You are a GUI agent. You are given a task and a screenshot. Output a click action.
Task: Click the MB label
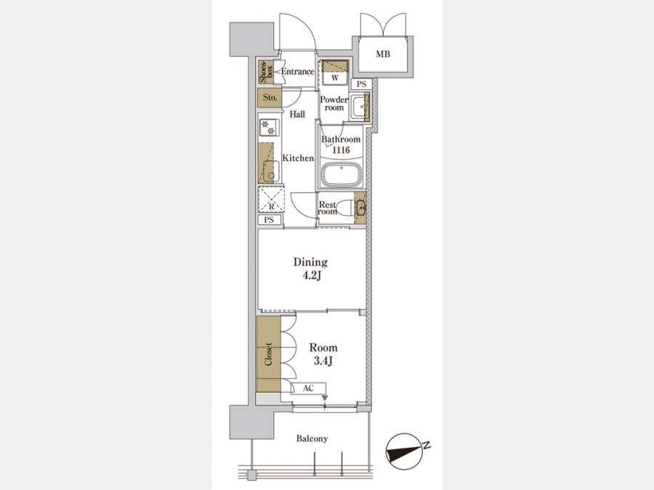pyautogui.click(x=383, y=54)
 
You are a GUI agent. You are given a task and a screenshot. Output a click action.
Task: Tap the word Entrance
pyautogui.click(x=297, y=71)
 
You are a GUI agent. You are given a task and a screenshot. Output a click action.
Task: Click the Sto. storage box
pyautogui.click(x=270, y=98)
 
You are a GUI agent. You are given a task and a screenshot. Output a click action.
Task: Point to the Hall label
pyautogui.click(x=297, y=114)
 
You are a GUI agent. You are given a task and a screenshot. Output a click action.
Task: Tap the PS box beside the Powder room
pyautogui.click(x=361, y=84)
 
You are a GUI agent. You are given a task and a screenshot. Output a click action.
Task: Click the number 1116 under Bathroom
pyautogui.click(x=341, y=150)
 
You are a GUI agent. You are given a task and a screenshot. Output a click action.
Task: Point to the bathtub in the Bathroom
pyautogui.click(x=342, y=174)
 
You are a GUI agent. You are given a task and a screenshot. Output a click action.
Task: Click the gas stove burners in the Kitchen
pyautogui.click(x=269, y=128)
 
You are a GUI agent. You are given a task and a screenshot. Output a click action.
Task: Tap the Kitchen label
pyautogui.click(x=298, y=158)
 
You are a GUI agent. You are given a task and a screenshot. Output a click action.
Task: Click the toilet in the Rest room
pyautogui.click(x=346, y=208)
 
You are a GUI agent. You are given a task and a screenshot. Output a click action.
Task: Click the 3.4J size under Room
pyautogui.click(x=323, y=361)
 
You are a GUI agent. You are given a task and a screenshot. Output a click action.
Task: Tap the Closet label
pyautogui.click(x=268, y=354)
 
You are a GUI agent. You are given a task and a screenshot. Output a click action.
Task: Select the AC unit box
pyautogui.click(x=308, y=388)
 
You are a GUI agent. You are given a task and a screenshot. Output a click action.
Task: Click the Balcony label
pyautogui.click(x=312, y=438)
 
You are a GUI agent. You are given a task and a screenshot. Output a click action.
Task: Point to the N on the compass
pyautogui.click(x=427, y=446)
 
